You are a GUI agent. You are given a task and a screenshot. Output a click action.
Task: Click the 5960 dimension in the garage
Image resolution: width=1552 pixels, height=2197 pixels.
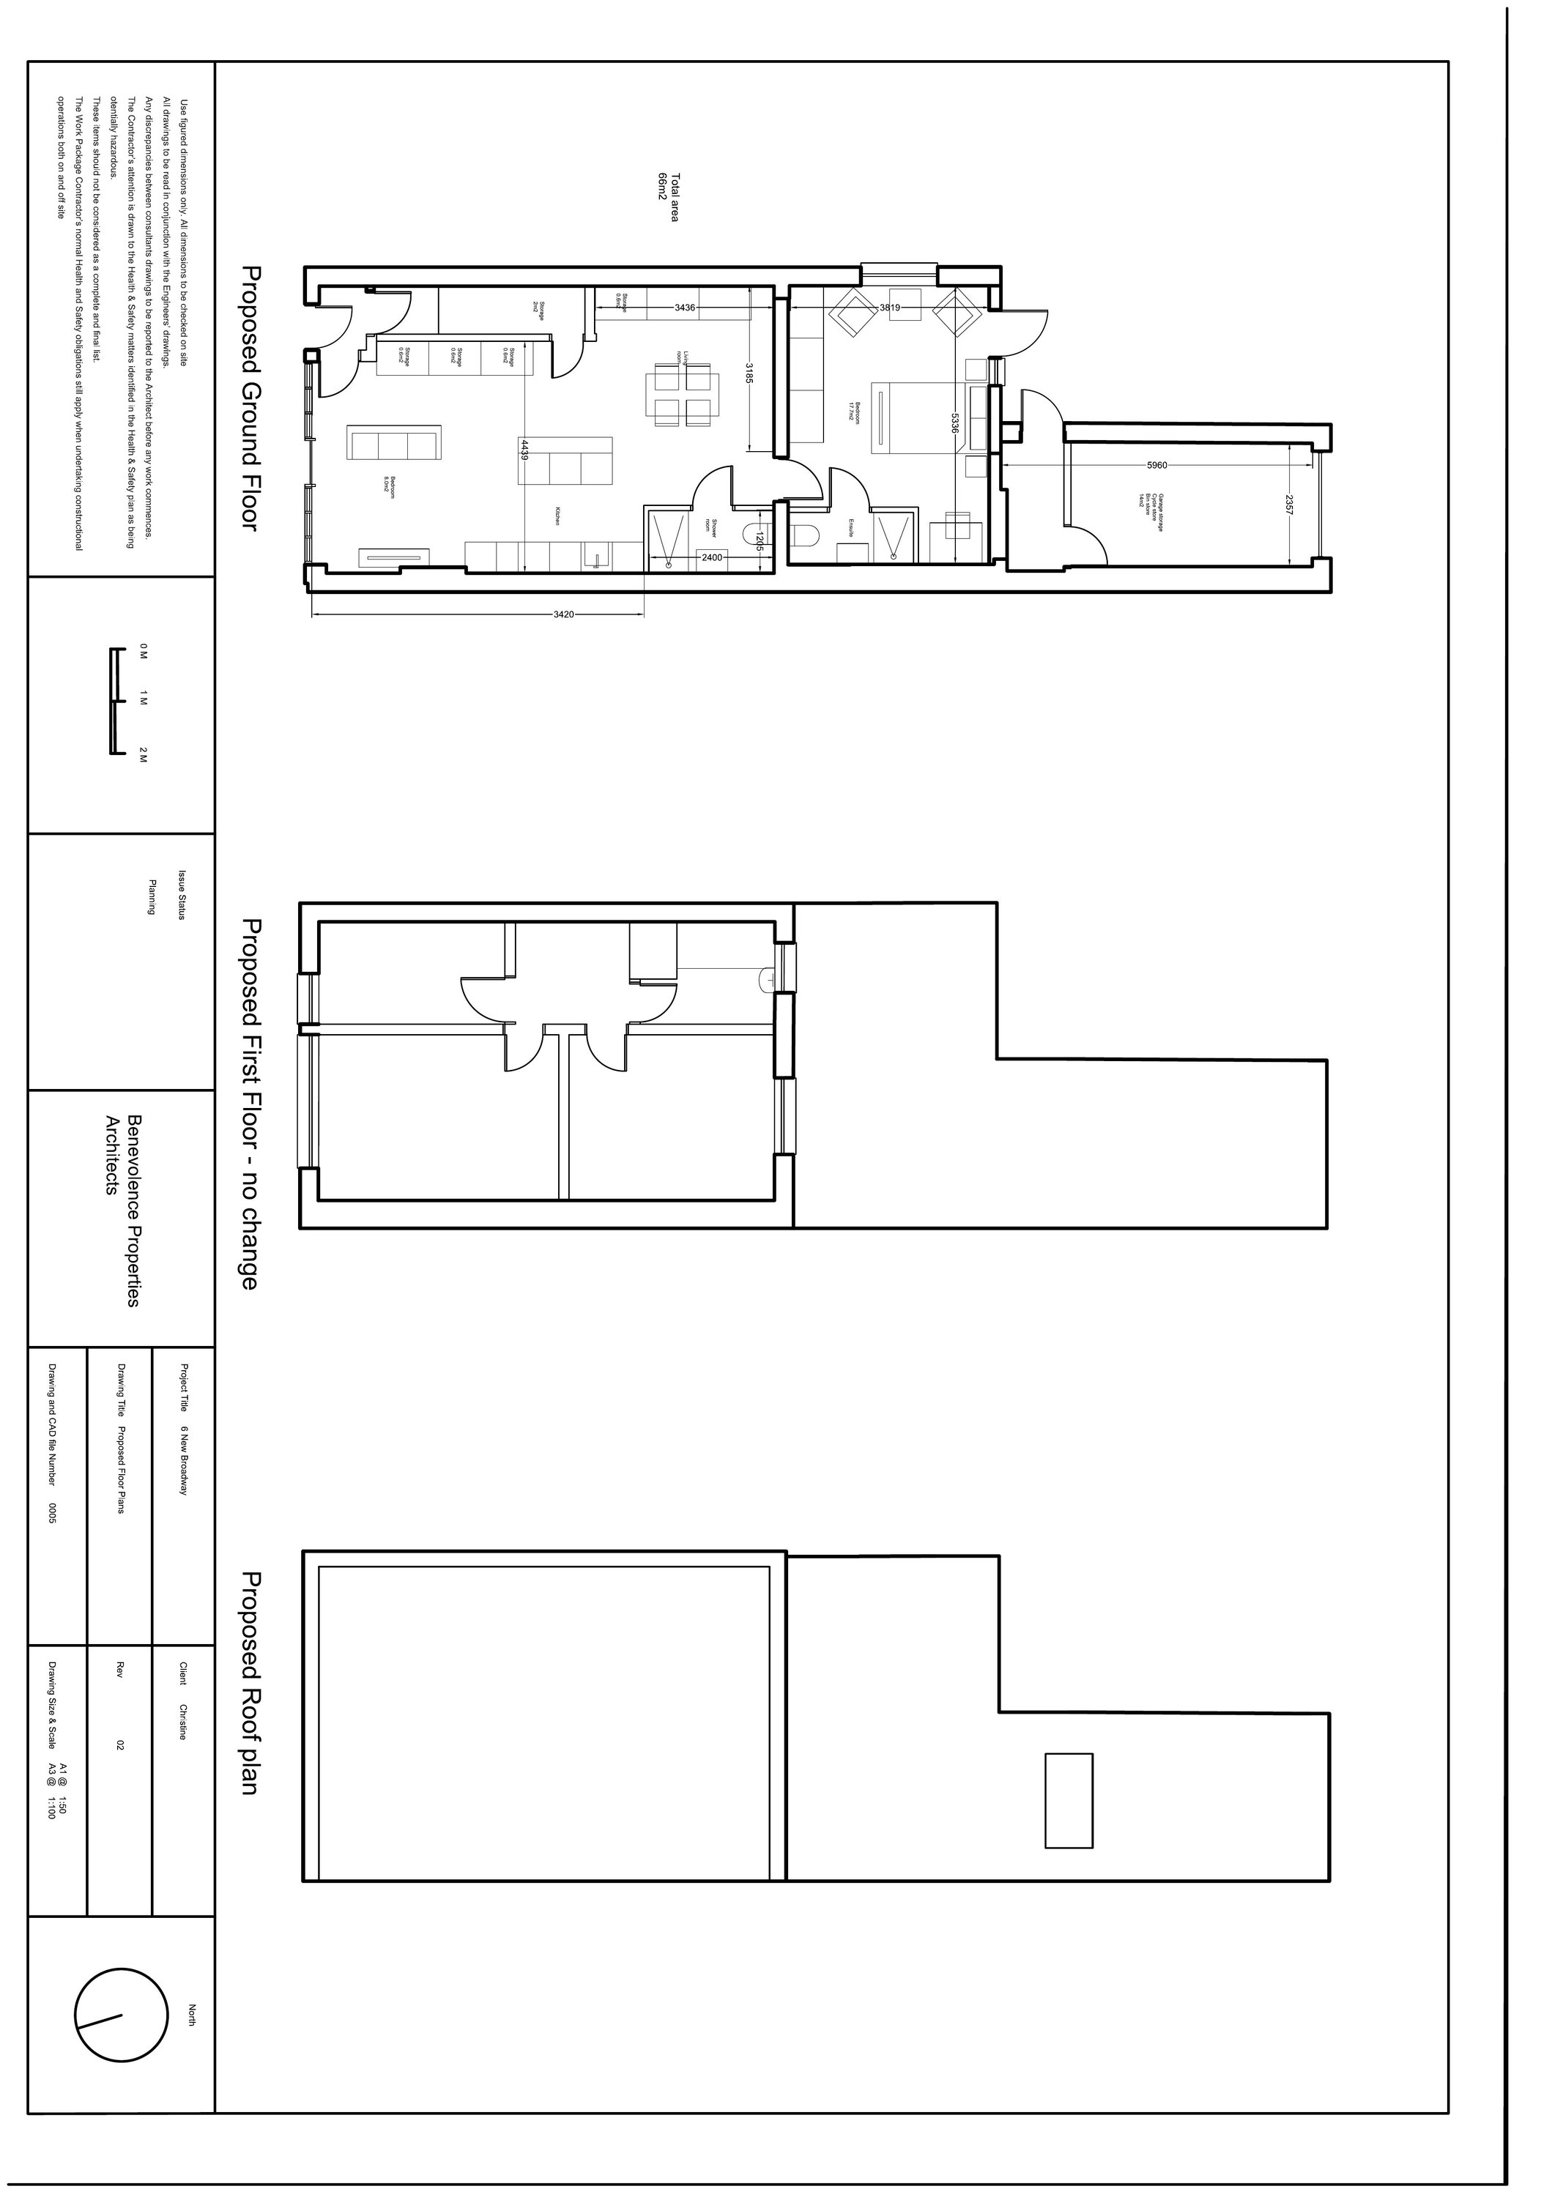coord(1156,465)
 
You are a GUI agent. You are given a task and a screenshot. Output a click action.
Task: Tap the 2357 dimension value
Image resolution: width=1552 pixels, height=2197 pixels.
coord(1289,505)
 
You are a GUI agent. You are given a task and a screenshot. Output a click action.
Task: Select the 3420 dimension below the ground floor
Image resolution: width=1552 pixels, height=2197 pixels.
coord(563,614)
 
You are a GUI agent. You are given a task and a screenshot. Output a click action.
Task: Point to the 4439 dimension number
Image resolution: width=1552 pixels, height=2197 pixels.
coord(524,449)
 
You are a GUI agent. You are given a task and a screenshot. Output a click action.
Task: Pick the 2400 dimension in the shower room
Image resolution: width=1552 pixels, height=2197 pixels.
coord(712,557)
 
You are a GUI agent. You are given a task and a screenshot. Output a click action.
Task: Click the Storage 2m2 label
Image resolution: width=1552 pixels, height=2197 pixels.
coord(539,308)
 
